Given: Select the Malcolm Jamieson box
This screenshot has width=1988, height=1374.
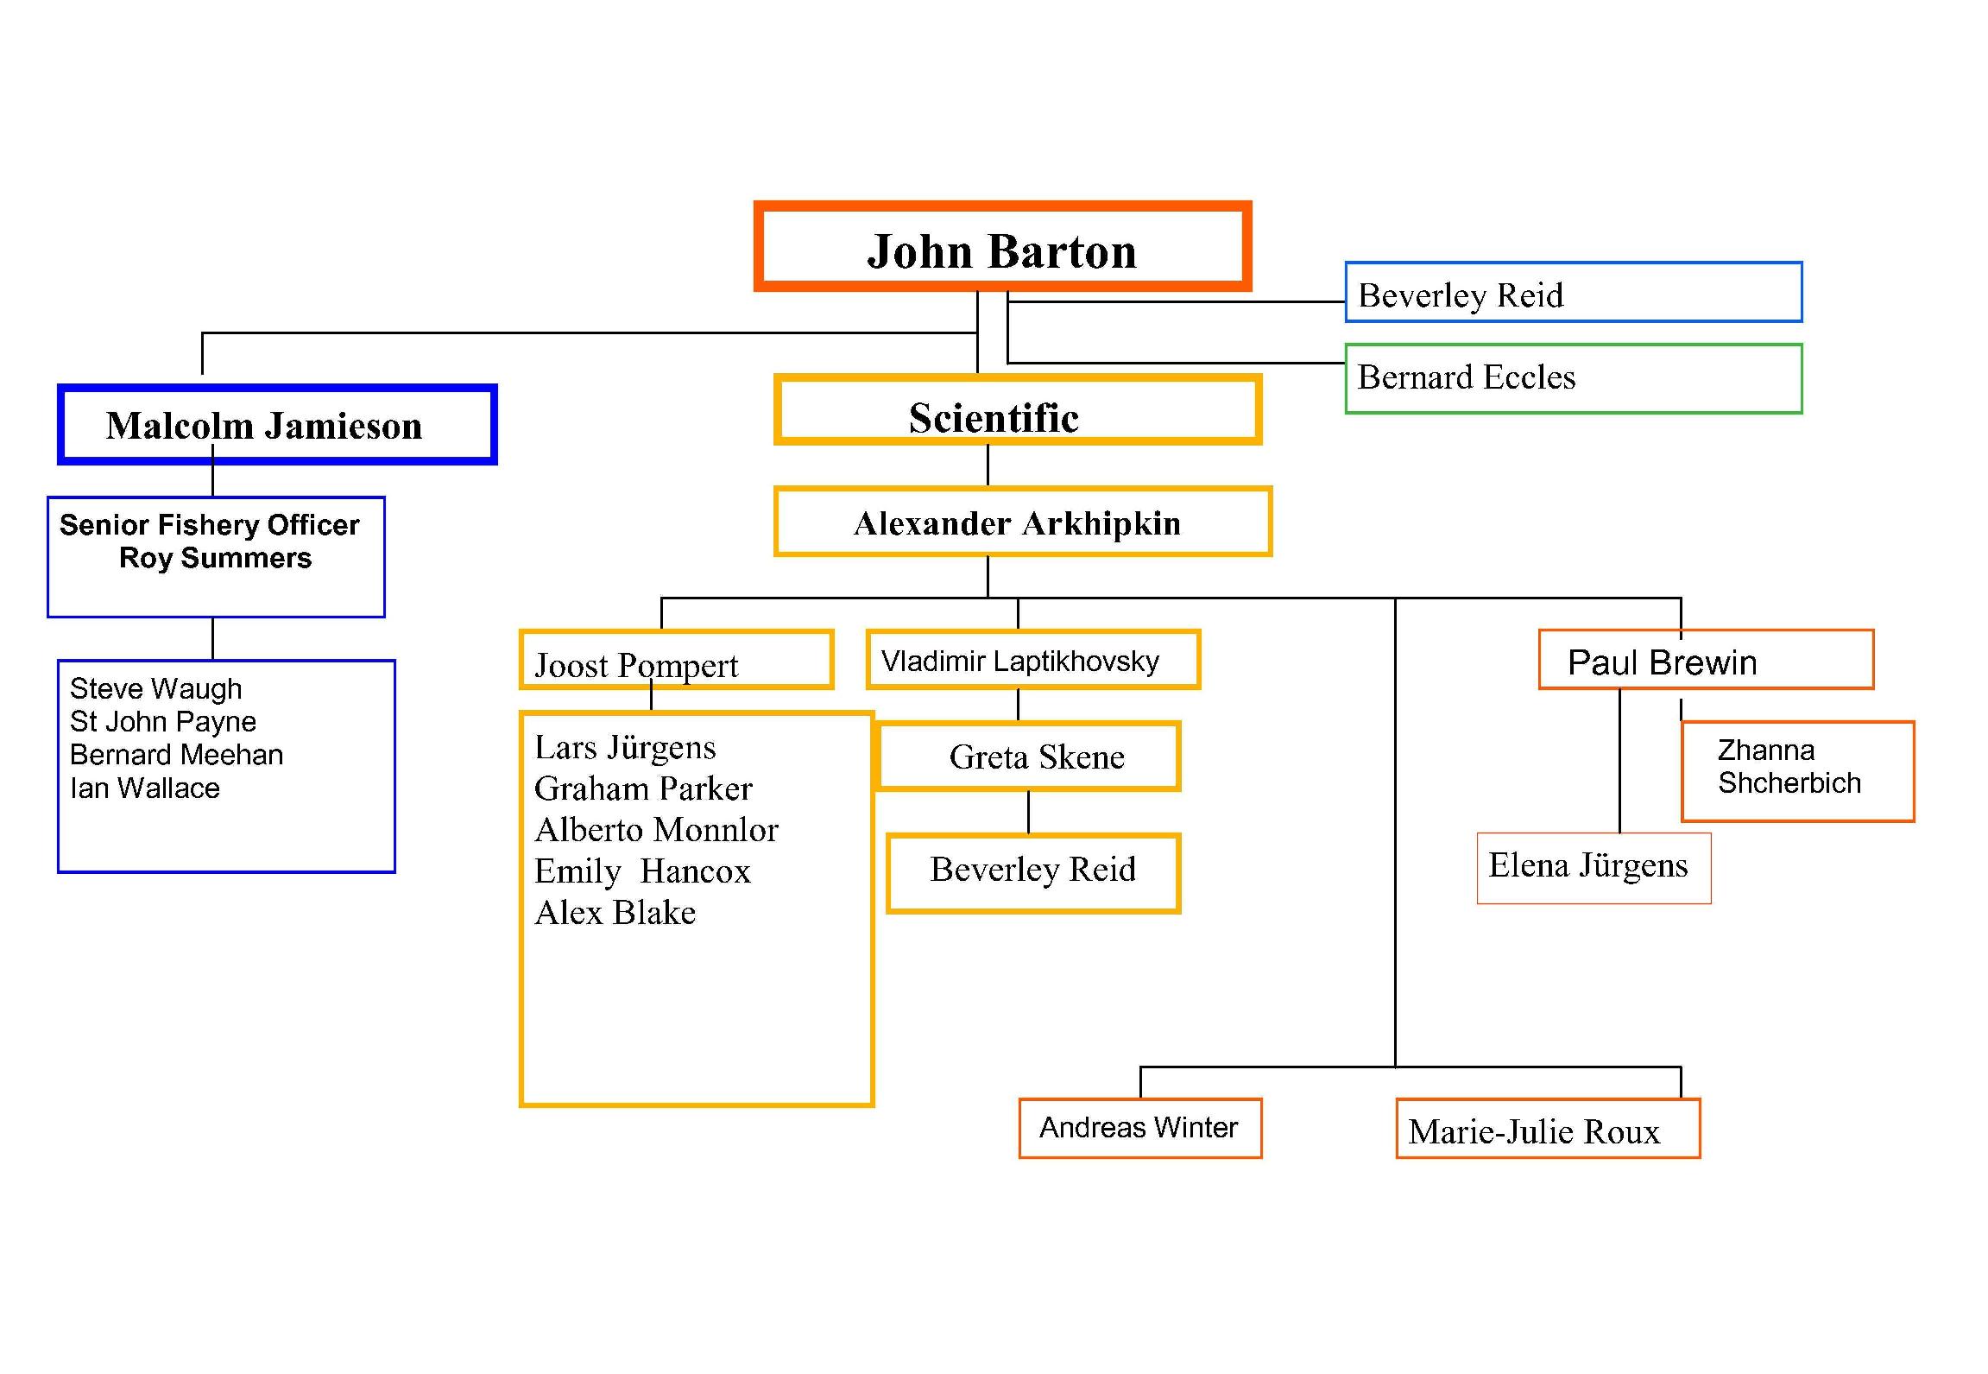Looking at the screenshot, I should coord(276,425).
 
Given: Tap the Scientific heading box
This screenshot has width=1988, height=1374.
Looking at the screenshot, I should coord(1017,410).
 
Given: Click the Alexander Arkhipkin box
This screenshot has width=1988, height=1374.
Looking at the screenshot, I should coord(1022,522).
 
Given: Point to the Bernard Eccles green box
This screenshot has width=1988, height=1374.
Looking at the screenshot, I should coord(1572,378).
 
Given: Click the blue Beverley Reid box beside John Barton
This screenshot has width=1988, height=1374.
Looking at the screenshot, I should coord(1572,294).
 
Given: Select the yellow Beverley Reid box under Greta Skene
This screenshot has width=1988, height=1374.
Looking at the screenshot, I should coord(1032,872).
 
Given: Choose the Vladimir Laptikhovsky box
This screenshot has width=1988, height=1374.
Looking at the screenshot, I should coord(1032,660).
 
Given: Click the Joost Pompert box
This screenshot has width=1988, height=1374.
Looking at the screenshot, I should coord(676,661).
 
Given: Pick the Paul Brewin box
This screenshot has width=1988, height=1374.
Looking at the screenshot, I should coord(1705,661).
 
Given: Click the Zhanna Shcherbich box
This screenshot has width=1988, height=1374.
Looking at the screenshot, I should coord(1797,769).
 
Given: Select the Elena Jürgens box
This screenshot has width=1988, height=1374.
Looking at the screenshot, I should coord(1593,867).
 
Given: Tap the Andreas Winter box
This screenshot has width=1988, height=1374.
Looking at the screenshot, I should coord(1139,1127).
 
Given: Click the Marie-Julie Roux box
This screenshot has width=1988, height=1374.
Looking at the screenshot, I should coord(1546,1130).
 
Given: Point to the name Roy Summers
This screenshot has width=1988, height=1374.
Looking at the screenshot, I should coord(215,558).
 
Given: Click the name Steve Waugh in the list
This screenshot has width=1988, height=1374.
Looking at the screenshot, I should coord(155,689).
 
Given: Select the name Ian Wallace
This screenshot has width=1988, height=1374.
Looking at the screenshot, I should coord(145,788).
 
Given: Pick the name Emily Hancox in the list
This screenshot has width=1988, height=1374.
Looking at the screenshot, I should coord(642,871).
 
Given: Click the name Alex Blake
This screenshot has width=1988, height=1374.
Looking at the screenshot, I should coord(615,913).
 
